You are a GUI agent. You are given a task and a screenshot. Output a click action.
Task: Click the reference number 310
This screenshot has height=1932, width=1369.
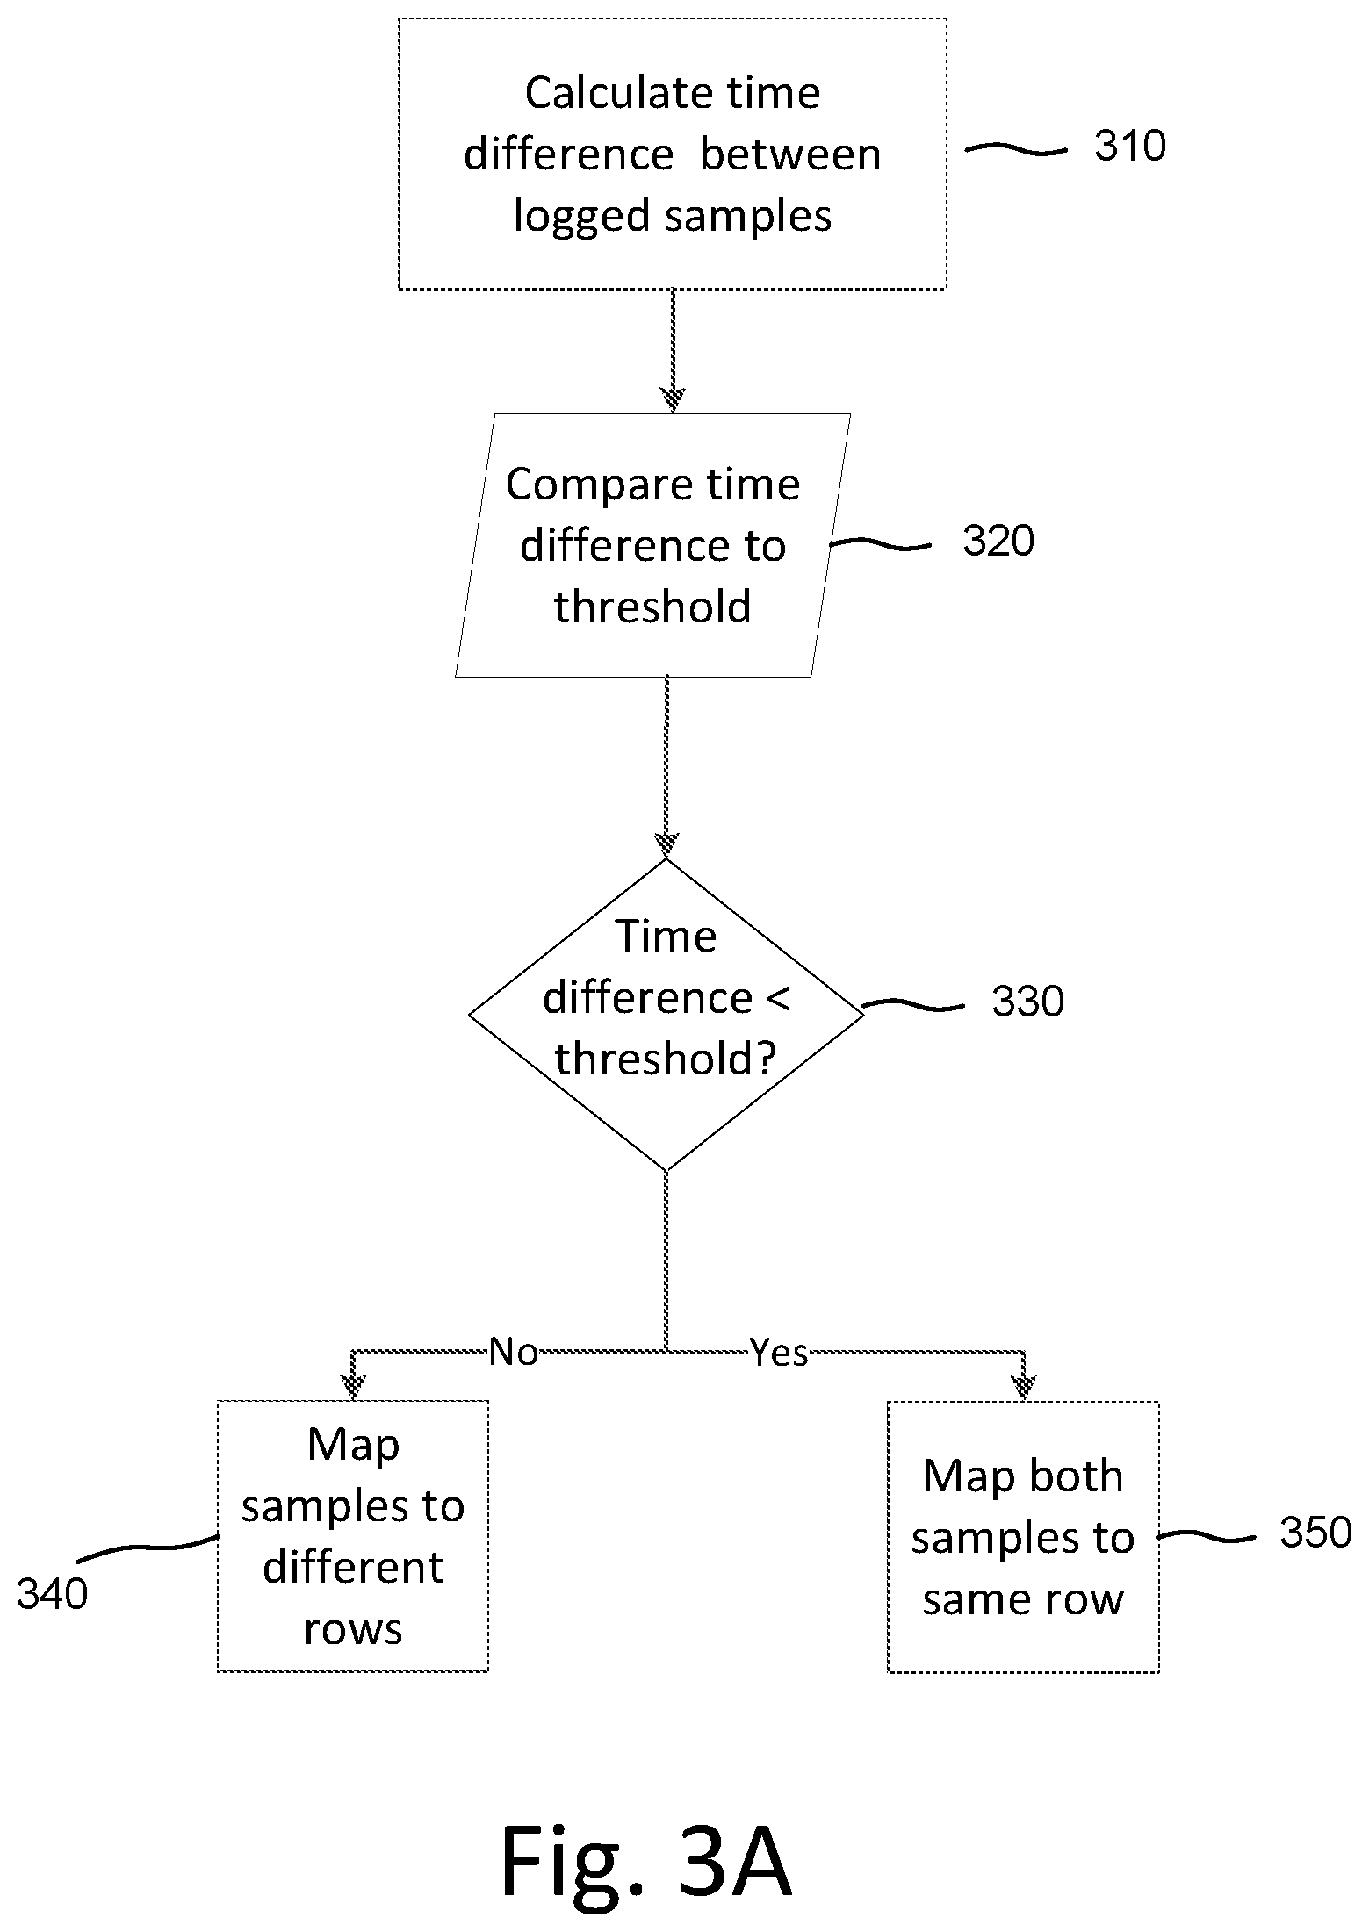point(1129,146)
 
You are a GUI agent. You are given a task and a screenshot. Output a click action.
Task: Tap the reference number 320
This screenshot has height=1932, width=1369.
point(998,541)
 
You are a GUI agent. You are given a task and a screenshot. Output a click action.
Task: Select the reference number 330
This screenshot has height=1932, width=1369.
point(1027,1002)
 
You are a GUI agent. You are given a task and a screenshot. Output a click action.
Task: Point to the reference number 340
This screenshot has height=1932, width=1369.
point(53,1593)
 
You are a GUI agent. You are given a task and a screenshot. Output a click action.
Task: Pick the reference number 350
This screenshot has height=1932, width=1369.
point(1315,1533)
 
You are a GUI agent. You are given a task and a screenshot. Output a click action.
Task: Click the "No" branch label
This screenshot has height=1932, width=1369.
point(514,1353)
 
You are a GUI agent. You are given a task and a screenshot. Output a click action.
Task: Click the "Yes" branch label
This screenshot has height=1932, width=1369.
point(778,1353)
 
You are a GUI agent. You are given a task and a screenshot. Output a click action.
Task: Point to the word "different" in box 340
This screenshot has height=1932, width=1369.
point(353,1567)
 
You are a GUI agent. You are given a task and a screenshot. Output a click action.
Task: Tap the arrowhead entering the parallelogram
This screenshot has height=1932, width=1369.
point(673,401)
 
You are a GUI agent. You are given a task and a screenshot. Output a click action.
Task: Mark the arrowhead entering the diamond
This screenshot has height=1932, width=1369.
point(666,845)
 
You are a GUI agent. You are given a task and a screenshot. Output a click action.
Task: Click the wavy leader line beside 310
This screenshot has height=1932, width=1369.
point(1016,150)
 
